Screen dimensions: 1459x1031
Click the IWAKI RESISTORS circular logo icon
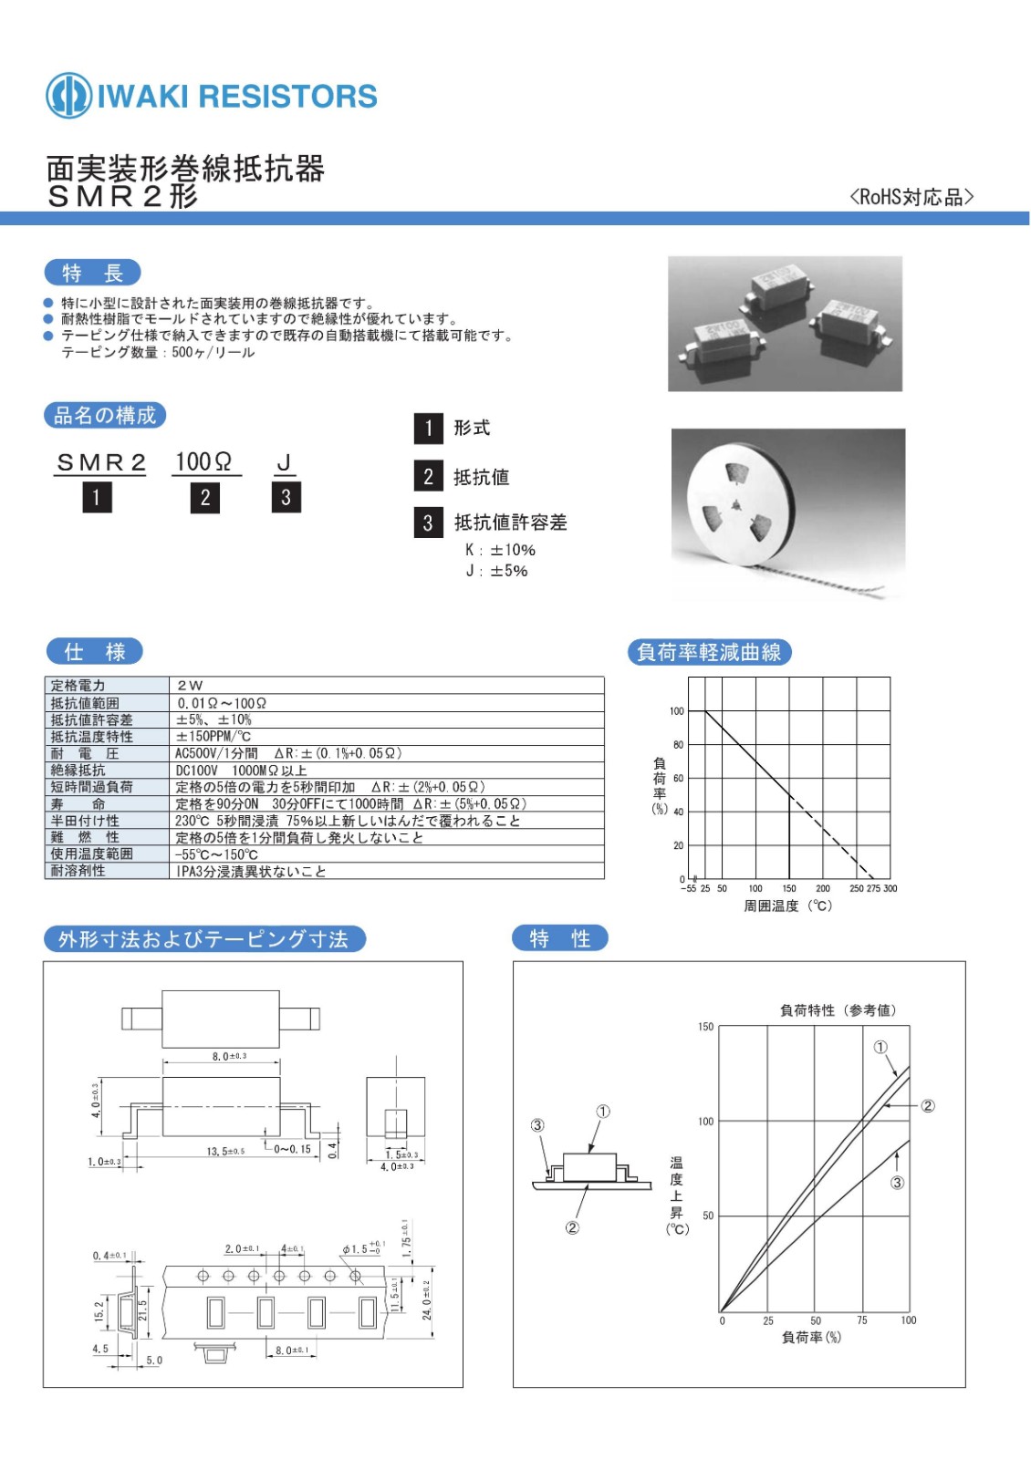pyautogui.click(x=68, y=95)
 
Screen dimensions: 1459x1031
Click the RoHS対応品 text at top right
pyautogui.click(x=911, y=197)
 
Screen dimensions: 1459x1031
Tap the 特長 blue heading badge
pyautogui.click(x=92, y=273)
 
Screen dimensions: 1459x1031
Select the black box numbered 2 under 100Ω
pyautogui.click(x=205, y=497)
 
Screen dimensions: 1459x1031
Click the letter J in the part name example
pyautogui.click(x=284, y=462)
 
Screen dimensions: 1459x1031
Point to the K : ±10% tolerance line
pyautogui.click(x=500, y=550)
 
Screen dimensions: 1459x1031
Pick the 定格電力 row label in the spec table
pyautogui.click(x=78, y=685)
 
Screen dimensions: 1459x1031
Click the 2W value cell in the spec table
pyautogui.click(x=190, y=685)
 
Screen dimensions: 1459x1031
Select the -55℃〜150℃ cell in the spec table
pyautogui.click(x=217, y=854)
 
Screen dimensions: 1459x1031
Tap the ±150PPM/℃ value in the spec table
pyautogui.click(x=213, y=736)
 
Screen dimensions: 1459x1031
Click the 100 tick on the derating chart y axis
pyautogui.click(x=676, y=711)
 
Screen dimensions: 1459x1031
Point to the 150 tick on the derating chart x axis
pyautogui.click(x=789, y=888)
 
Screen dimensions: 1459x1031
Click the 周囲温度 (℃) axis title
pyautogui.click(x=787, y=906)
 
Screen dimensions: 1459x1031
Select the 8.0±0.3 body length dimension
pyautogui.click(x=229, y=1056)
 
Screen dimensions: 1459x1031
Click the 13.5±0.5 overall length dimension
pyautogui.click(x=225, y=1151)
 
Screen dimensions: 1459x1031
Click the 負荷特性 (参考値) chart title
pyautogui.click(x=838, y=1010)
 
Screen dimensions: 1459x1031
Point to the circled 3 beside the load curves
pyautogui.click(x=897, y=1183)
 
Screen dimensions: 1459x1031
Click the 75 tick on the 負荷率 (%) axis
pyautogui.click(x=862, y=1320)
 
